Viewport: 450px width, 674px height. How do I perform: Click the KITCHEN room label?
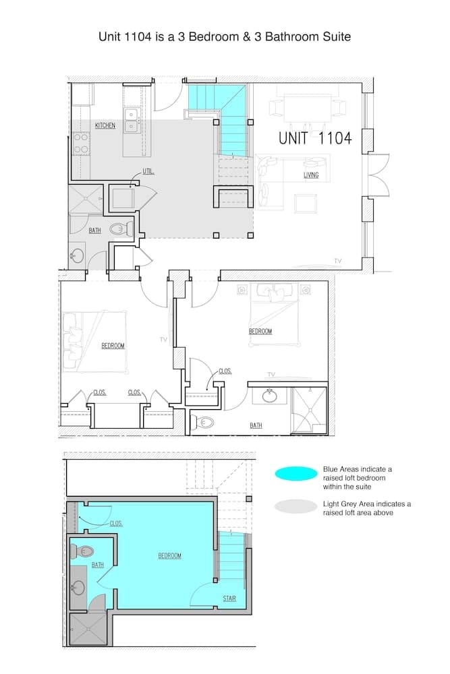coord(105,126)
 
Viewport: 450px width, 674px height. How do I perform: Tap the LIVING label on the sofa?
coord(311,176)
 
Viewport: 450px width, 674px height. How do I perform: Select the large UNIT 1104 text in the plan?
coord(315,138)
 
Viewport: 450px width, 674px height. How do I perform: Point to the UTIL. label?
coord(147,171)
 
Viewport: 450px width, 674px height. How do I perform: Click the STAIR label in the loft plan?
coord(229,599)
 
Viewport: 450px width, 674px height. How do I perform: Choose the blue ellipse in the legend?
coord(296,474)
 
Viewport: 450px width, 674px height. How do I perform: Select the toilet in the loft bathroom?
coord(84,551)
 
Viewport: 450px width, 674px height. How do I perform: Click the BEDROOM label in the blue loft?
coord(169,556)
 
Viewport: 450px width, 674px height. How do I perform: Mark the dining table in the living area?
coord(307,107)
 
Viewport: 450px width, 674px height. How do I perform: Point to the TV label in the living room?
coord(337,261)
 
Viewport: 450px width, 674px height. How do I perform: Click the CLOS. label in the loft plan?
coord(115,523)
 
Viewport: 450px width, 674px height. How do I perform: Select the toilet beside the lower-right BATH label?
coord(203,423)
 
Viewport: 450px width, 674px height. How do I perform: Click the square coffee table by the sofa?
coord(306,203)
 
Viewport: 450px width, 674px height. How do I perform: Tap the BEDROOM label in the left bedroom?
coord(113,346)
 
